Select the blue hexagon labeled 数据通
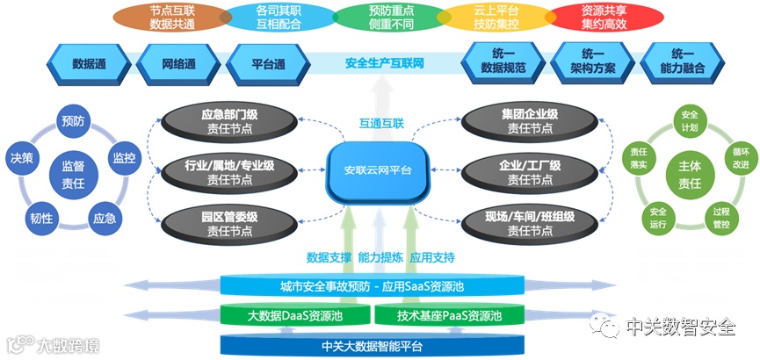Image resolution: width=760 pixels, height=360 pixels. click(x=90, y=64)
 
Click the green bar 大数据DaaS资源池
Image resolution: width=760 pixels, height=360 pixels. click(x=293, y=316)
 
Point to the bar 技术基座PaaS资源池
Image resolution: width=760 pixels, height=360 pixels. click(x=450, y=316)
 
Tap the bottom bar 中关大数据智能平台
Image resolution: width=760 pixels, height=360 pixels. click(x=373, y=345)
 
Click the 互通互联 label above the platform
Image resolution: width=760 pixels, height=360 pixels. click(x=382, y=123)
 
